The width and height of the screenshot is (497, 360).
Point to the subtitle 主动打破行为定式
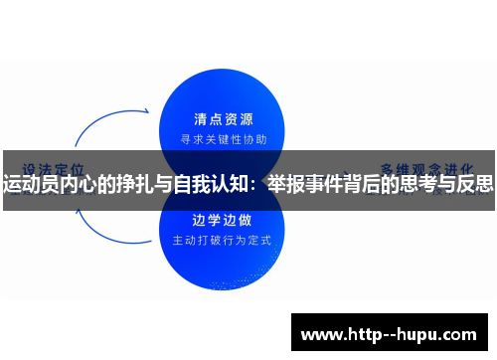(227, 240)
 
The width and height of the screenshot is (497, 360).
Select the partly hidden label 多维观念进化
(427, 167)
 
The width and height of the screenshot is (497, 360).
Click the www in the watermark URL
(321, 333)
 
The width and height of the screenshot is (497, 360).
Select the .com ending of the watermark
(458, 333)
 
